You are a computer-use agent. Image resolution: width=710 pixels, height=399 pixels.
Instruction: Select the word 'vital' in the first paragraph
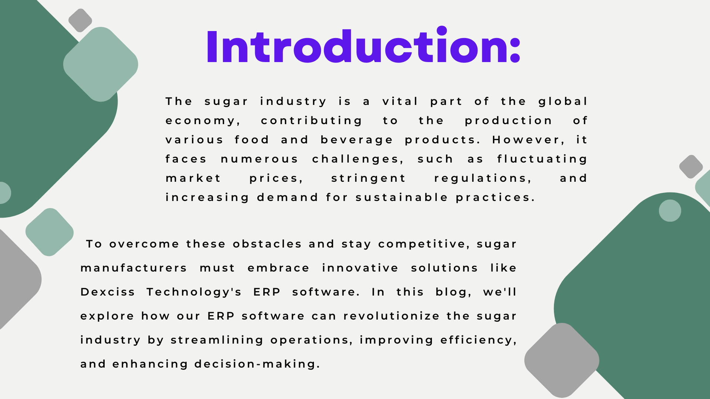400,101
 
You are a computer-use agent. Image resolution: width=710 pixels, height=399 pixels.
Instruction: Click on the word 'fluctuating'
542,159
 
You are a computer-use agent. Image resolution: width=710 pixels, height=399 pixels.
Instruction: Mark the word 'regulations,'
483,178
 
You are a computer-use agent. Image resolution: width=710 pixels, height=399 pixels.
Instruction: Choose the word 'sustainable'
402,197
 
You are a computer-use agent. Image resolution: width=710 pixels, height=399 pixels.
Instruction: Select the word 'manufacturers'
134,268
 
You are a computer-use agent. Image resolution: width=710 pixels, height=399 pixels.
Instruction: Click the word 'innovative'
360,268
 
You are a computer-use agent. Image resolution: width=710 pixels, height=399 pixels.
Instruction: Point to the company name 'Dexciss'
108,292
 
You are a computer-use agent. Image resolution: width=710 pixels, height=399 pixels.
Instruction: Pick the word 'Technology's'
194,292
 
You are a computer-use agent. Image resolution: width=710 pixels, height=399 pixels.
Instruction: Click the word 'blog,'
453,292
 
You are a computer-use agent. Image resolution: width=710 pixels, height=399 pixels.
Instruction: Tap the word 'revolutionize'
392,316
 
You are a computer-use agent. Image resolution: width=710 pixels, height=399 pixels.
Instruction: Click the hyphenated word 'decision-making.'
257,364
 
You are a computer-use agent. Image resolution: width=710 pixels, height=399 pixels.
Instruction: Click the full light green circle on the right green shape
670,211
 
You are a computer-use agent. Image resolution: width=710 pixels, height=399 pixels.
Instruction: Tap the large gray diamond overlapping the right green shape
562,360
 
